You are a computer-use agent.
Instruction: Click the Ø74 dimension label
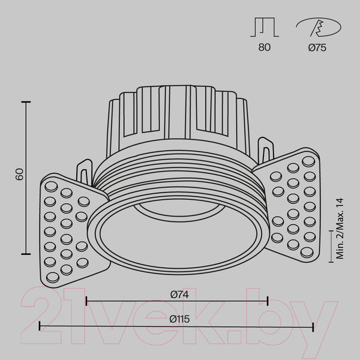point(177,294)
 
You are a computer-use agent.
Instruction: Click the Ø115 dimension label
point(177,320)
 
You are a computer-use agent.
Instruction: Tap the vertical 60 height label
point(19,175)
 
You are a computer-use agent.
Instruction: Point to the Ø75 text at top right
point(317,49)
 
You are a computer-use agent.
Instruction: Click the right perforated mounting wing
point(291,207)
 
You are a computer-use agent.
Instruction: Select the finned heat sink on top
point(177,114)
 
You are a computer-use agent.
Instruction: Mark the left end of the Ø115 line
point(40,326)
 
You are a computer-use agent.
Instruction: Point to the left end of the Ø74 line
point(86,300)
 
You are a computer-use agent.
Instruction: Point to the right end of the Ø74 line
point(268,300)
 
